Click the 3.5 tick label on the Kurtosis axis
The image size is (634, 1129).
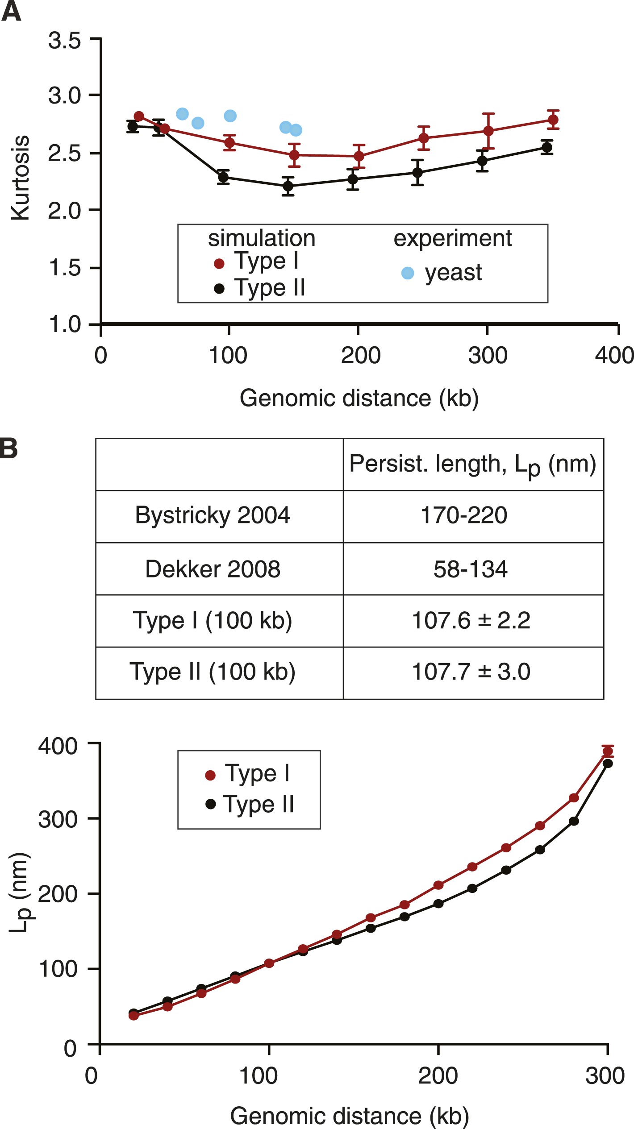coord(64,41)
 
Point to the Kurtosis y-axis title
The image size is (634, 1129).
coord(20,178)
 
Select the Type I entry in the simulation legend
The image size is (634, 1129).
coord(266,261)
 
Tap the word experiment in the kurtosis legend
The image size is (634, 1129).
coord(452,238)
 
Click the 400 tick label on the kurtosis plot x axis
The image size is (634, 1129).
coord(614,356)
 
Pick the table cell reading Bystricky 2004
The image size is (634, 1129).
coord(213,515)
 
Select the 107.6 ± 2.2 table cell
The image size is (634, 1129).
coord(471,620)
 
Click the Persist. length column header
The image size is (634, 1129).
coord(472,465)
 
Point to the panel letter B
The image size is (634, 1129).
coord(9,448)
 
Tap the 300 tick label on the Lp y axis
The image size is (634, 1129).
coord(58,820)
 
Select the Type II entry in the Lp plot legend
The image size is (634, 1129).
coord(259,805)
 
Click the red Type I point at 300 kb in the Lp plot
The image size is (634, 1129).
coord(608,751)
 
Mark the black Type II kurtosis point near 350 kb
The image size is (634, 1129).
coord(546,148)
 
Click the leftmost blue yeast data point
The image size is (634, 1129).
coord(182,114)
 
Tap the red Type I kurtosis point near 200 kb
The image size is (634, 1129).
coord(359,156)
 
